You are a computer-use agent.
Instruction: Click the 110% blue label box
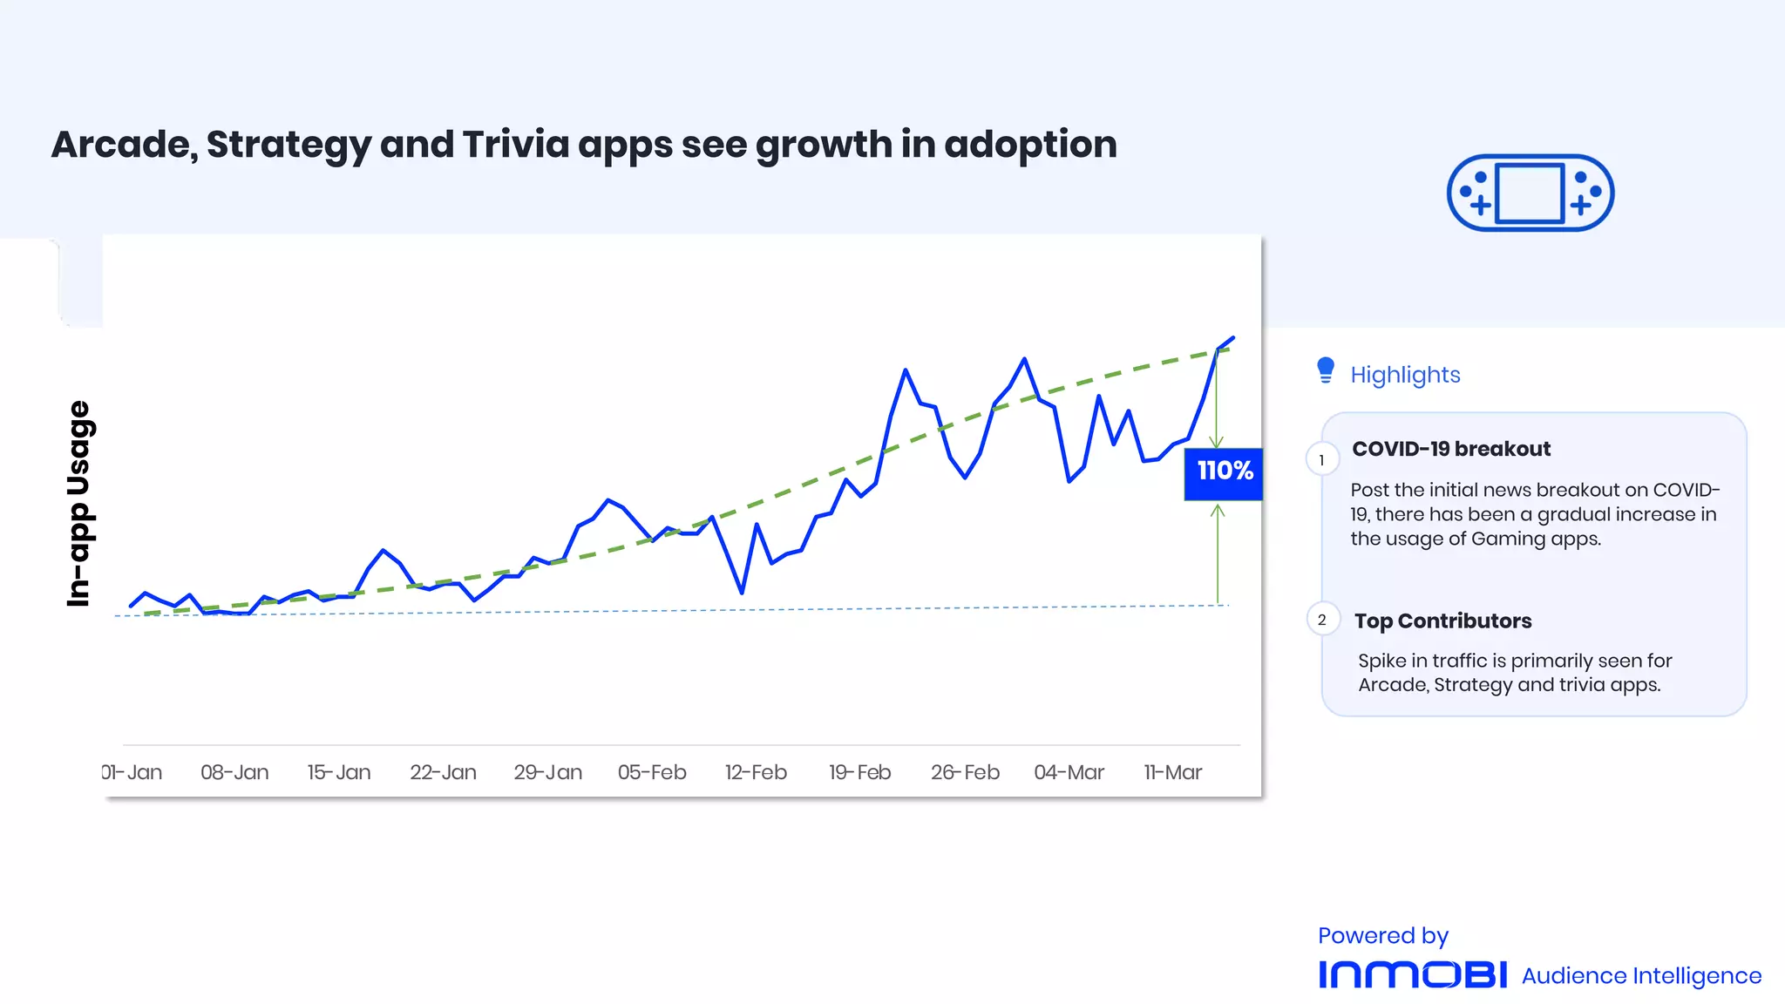(1223, 473)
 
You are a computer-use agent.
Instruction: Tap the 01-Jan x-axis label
(132, 772)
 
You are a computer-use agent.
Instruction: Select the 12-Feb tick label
(756, 772)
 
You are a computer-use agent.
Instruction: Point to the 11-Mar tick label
(1172, 772)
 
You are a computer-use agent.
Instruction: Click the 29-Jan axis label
(547, 772)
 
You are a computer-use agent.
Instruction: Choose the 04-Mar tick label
(1069, 772)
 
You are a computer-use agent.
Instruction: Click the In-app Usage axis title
(79, 504)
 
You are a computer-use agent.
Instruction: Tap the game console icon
(1530, 193)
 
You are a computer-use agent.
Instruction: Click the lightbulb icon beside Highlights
(1325, 370)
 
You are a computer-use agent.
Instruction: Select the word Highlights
(1405, 375)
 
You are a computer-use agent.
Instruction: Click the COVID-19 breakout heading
(1451, 449)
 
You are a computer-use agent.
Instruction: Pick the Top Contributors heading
(1442, 621)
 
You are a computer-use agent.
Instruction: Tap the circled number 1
(1321, 460)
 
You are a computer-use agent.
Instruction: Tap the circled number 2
(1322, 620)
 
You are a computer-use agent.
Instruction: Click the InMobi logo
(1412, 974)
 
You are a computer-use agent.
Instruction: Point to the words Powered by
(1382, 936)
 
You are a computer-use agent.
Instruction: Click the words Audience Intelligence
(1641, 976)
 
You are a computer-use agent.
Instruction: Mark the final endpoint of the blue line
(1232, 338)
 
